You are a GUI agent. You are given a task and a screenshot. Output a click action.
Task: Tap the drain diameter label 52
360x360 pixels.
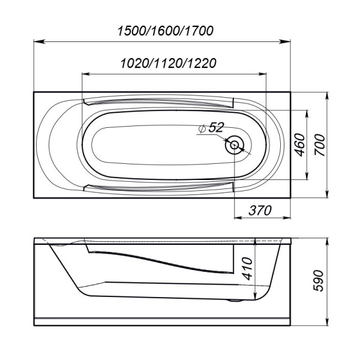point(217,127)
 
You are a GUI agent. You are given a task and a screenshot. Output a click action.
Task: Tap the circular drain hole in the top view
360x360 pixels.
point(235,145)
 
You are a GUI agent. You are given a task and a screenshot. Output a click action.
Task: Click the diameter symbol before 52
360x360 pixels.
point(202,128)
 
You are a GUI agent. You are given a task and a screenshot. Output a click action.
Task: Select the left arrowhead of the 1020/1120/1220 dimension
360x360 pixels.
point(85,74)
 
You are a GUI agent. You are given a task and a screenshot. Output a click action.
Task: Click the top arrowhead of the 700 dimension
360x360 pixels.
point(327,96)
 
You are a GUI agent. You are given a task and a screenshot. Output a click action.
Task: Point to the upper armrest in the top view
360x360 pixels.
point(159,102)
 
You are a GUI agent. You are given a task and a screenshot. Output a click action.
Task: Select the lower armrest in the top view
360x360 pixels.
point(159,188)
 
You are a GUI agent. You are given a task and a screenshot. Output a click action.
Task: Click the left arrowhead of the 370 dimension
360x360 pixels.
point(236,217)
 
